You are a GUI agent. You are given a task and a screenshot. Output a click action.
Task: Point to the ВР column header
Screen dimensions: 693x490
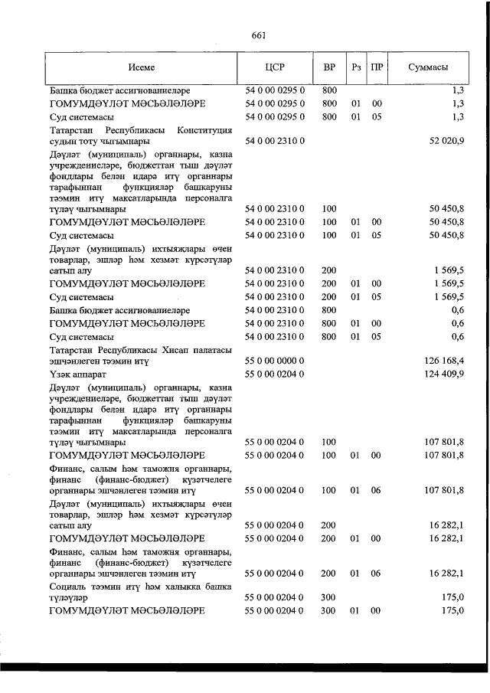[x=329, y=67]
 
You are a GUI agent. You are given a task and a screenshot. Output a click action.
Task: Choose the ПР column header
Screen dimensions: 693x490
[x=377, y=67]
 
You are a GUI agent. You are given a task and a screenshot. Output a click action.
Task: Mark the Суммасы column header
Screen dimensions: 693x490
[x=428, y=67]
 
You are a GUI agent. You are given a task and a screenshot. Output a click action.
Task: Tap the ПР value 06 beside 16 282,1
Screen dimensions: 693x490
[x=377, y=574]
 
